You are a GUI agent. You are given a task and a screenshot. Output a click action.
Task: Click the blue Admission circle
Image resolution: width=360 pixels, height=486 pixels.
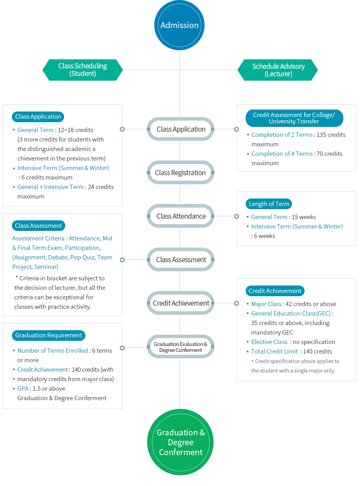pyautogui.click(x=179, y=25)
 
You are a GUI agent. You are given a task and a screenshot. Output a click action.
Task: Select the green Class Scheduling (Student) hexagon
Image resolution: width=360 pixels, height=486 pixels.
pyautogui.click(x=82, y=70)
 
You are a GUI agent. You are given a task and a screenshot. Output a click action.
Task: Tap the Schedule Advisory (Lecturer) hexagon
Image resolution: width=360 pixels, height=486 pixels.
pyautogui.click(x=278, y=70)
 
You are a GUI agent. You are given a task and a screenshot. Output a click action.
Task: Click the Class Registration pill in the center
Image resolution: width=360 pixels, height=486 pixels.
pyautogui.click(x=180, y=172)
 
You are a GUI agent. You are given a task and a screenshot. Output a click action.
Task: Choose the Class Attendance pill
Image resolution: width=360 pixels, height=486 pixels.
pyautogui.click(x=180, y=216)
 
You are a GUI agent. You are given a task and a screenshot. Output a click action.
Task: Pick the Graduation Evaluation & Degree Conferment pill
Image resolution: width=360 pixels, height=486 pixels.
pyautogui.click(x=180, y=346)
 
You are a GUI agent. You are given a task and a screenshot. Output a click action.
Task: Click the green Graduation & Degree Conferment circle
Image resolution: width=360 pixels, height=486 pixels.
pyautogui.click(x=180, y=442)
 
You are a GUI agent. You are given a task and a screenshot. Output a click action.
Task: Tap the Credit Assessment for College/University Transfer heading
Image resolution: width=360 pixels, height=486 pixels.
pyautogui.click(x=294, y=118)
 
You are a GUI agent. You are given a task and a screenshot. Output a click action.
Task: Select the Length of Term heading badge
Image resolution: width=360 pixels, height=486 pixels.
pyautogui.click(x=269, y=204)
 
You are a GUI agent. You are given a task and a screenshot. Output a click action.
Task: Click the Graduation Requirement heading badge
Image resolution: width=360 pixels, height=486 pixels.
pyautogui.click(x=48, y=335)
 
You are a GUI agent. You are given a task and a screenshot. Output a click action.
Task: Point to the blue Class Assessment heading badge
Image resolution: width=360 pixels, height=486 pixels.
pyautogui.click(x=38, y=225)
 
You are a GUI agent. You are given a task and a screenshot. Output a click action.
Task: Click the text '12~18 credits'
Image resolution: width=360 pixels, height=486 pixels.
pyautogui.click(x=76, y=130)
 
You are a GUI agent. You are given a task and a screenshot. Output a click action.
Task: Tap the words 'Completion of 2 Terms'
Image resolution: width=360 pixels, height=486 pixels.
pyautogui.click(x=282, y=135)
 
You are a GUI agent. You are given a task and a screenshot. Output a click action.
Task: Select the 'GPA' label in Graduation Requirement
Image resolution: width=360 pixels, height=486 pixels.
pyautogui.click(x=23, y=388)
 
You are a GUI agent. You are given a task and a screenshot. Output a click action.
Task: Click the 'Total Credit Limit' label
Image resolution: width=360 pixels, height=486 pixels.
pyautogui.click(x=274, y=352)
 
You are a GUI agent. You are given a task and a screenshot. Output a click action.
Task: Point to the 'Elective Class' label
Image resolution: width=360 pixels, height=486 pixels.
pyautogui.click(x=269, y=342)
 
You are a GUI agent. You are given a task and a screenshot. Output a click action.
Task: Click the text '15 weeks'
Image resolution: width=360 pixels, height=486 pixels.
pyautogui.click(x=304, y=217)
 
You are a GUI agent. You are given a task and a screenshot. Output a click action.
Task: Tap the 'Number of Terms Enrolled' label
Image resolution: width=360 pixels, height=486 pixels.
pyautogui.click(x=53, y=351)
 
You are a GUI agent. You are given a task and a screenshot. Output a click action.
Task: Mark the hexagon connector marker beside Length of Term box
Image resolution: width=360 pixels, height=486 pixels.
pyautogui.click(x=236, y=216)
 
